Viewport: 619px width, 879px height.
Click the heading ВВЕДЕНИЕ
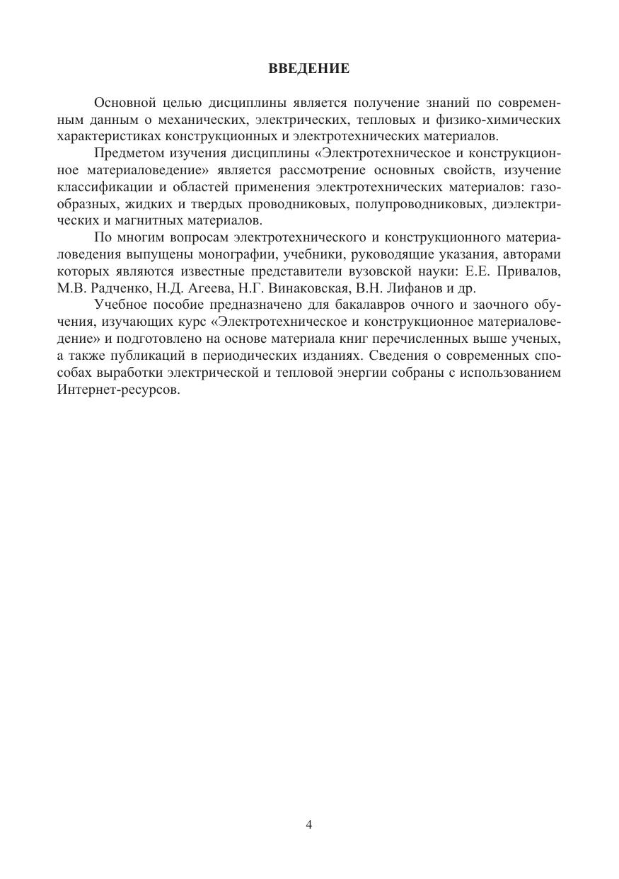coord(309,69)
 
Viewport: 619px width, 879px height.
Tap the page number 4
coord(309,824)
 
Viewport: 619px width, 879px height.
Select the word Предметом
coord(126,153)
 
